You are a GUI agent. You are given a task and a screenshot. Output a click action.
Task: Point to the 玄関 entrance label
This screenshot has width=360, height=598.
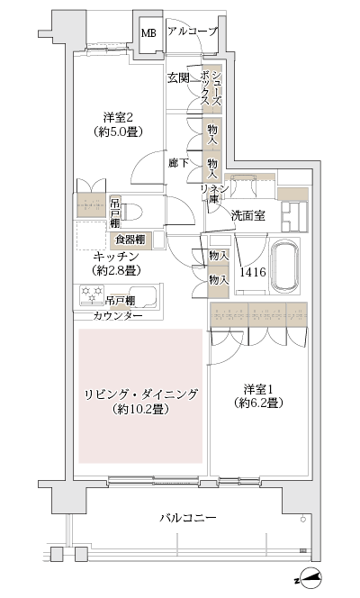[x=178, y=78]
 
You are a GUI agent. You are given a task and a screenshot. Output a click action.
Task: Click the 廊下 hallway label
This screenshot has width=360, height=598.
[x=178, y=163]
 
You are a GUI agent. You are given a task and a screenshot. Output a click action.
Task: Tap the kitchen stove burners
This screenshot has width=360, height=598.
[x=91, y=294]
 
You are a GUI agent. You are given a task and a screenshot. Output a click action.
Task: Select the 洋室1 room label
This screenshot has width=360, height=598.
[x=262, y=389]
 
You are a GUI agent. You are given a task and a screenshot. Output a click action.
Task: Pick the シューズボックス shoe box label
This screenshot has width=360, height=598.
[x=211, y=87]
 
